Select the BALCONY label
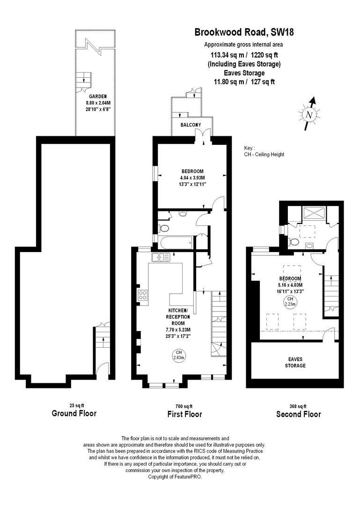click(x=191, y=125)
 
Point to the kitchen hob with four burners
click(x=143, y=295)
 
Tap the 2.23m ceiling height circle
click(x=290, y=301)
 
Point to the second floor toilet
click(x=294, y=242)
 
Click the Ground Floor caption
click(x=74, y=414)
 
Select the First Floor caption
click(x=184, y=414)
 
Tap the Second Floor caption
click(x=298, y=414)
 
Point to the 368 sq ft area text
click(x=298, y=406)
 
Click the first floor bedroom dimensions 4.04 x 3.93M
click(x=193, y=178)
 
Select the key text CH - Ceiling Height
click(x=264, y=155)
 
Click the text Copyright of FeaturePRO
click(x=175, y=476)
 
